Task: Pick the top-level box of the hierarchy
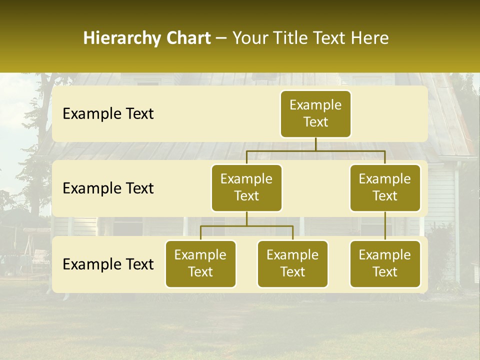pyautogui.click(x=315, y=114)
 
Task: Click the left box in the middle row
pyautogui.click(x=246, y=188)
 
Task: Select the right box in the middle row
pyautogui.click(x=385, y=188)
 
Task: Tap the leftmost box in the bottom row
pyautogui.click(x=200, y=264)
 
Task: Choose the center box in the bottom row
pyautogui.click(x=292, y=264)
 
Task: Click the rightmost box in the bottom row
pyautogui.click(x=385, y=264)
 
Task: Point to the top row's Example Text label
pyautogui.click(x=108, y=114)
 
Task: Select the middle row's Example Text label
pyautogui.click(x=108, y=188)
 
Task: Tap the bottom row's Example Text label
pyautogui.click(x=108, y=264)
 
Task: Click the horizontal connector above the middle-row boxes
pyautogui.click(x=315, y=150)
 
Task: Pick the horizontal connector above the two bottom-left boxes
pyautogui.click(x=246, y=226)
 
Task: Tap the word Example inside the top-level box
pyautogui.click(x=315, y=105)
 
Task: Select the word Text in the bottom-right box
pyautogui.click(x=385, y=272)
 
